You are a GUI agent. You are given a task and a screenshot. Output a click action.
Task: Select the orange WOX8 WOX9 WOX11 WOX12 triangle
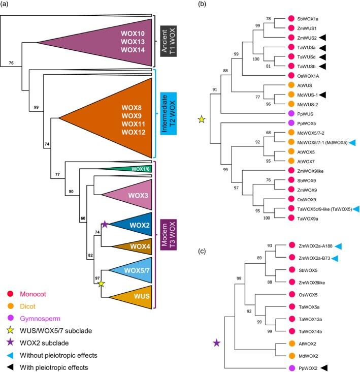(122, 118)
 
